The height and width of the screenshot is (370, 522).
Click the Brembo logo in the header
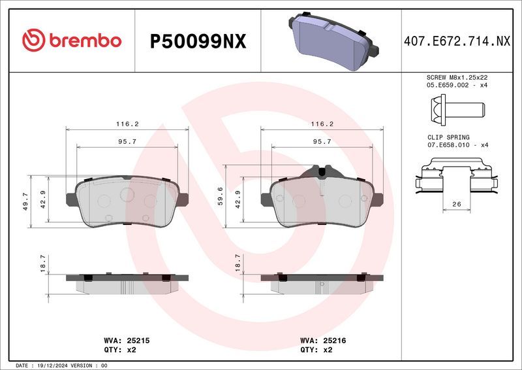(72, 41)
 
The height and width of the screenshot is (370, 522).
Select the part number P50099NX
(198, 41)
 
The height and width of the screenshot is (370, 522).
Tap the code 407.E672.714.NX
(456, 41)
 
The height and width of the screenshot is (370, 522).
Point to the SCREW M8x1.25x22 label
(457, 77)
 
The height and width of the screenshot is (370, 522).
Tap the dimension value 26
(456, 205)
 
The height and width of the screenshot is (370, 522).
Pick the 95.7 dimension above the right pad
(322, 141)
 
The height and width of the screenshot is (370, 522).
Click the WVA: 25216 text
(323, 341)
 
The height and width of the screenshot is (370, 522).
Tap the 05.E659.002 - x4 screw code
(457, 85)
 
